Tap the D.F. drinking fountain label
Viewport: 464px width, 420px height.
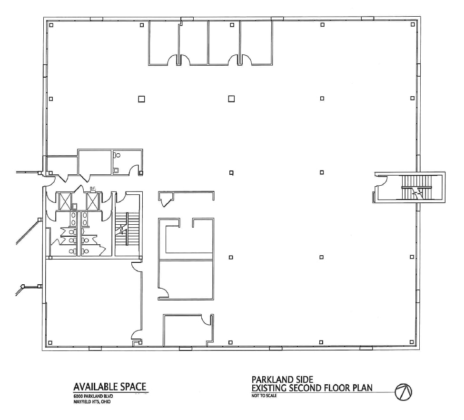pos(93,189)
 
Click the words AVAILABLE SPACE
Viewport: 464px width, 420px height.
pos(109,386)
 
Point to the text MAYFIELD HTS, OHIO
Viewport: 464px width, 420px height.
pos(93,401)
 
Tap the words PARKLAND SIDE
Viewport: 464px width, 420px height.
pos(282,380)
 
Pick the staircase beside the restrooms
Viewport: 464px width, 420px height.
pos(127,229)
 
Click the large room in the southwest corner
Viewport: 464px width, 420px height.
pos(88,302)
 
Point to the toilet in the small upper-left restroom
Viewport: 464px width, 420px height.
pos(117,155)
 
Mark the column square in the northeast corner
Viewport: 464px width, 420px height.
pos(412,24)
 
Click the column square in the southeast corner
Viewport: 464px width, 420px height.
pos(412,342)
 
